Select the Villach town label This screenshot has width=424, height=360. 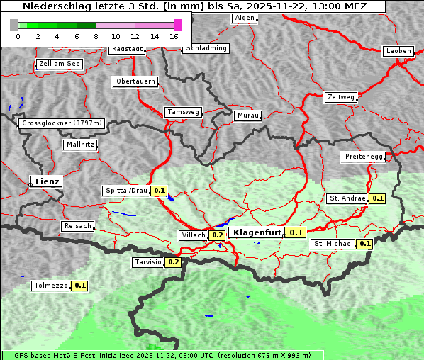point(194,235)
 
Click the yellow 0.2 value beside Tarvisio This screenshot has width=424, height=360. point(173,262)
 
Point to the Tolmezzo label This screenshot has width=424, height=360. point(51,286)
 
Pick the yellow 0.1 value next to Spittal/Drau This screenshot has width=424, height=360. point(160,191)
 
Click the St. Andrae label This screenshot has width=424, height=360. point(347,198)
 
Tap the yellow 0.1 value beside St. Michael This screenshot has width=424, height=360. point(364,244)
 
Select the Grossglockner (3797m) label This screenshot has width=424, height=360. point(62,123)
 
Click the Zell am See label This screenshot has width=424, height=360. point(60,64)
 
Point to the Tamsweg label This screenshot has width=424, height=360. point(184,112)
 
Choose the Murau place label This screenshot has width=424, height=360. point(248,115)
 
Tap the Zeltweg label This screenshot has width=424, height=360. point(340,96)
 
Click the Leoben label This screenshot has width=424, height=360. point(397,51)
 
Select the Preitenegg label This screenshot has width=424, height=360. point(364,157)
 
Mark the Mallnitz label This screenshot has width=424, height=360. point(79,145)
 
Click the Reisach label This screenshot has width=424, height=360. point(78,226)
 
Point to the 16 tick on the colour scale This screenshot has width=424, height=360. point(174,36)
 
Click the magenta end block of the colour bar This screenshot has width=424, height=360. point(177,25)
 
